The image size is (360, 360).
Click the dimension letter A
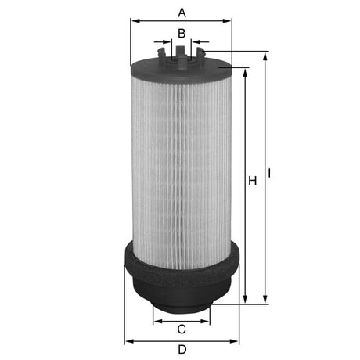tap(182, 13)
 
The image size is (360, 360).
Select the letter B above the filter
tap(182, 33)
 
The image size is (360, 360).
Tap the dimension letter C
tap(182, 329)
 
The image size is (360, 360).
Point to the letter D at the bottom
tap(182, 350)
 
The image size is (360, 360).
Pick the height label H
tap(252, 182)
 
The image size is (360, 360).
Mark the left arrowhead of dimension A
tap(134, 22)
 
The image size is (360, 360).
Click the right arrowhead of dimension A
tap(229, 22)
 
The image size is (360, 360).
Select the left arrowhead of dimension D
tap(129, 341)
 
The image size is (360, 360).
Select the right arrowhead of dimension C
tap(207, 319)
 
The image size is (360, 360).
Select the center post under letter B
tap(182, 52)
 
